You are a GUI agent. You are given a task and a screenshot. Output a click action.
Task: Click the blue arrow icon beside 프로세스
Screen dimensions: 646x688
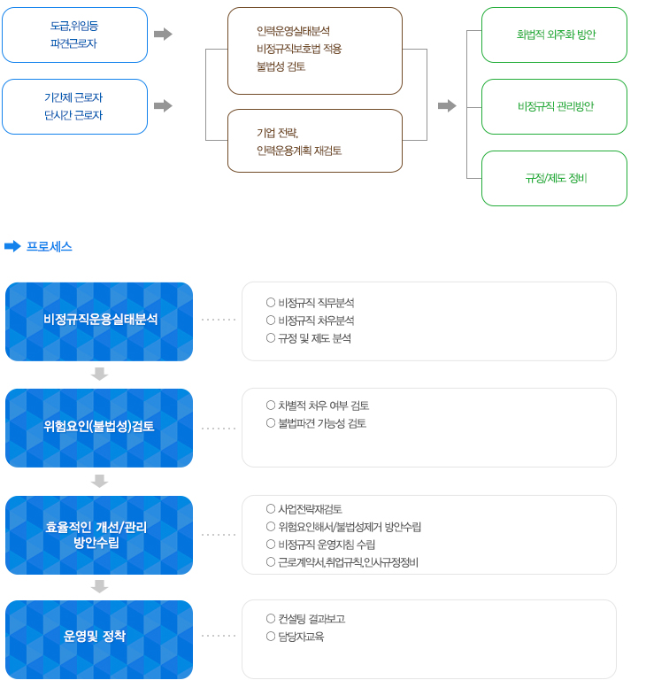[x=12, y=246]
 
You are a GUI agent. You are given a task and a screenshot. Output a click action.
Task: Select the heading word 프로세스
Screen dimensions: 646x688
[x=50, y=246]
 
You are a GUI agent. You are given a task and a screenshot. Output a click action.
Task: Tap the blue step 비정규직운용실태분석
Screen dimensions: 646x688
[x=99, y=321]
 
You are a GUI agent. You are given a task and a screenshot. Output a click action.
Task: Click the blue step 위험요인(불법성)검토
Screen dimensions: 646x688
[x=99, y=428]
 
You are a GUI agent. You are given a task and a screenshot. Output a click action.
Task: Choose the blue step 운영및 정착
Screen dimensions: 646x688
[x=99, y=639]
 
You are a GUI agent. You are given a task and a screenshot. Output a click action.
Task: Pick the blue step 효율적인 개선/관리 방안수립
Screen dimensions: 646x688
[x=99, y=535]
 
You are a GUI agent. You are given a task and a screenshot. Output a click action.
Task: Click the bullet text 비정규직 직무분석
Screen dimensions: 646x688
[x=316, y=303]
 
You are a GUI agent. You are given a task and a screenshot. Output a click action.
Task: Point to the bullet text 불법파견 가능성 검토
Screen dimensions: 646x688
[x=322, y=423]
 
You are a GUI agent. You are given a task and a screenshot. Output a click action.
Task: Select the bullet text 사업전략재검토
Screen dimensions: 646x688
[x=310, y=509]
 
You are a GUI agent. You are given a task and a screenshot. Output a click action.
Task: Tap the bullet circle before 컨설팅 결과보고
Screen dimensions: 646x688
[x=271, y=618]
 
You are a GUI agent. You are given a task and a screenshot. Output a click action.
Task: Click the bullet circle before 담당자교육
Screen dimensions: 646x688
[x=271, y=637]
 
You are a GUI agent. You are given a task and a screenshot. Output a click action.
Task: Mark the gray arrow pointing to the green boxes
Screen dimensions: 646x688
[x=447, y=105]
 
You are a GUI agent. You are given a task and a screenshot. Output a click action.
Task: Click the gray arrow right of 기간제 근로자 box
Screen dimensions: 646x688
[x=163, y=105]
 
